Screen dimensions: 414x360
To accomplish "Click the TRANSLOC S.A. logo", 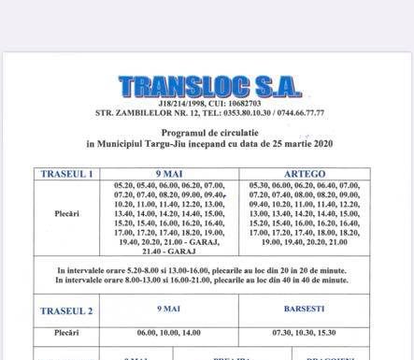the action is click(x=210, y=85).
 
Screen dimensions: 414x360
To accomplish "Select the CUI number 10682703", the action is click(x=243, y=101).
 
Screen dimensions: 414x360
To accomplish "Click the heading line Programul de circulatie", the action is click(x=209, y=134).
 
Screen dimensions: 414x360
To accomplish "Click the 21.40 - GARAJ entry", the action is click(x=168, y=252).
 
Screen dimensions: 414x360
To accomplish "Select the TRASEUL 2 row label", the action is click(x=65, y=310).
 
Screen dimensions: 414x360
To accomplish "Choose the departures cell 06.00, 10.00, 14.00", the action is click(x=168, y=333).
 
